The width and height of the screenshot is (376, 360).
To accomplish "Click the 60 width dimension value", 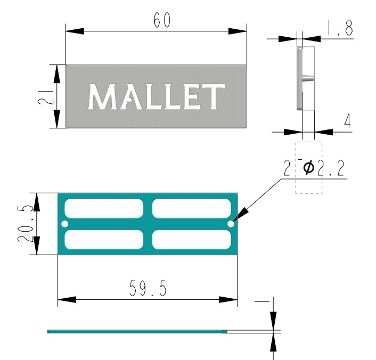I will click(x=161, y=21).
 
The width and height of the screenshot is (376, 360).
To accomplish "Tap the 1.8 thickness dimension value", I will click(x=340, y=28).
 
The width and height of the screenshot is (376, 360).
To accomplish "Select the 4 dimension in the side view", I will click(x=347, y=122).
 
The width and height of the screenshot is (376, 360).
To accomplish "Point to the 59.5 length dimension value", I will click(x=148, y=289).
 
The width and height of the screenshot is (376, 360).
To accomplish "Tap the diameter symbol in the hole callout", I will click(x=308, y=168).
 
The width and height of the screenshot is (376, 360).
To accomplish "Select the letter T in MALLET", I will click(x=214, y=97).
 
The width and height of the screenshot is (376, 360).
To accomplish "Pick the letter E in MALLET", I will click(x=191, y=97).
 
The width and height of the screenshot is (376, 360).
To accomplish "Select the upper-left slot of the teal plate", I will click(x=105, y=208).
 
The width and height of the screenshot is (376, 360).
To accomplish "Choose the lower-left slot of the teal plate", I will click(x=105, y=240).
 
